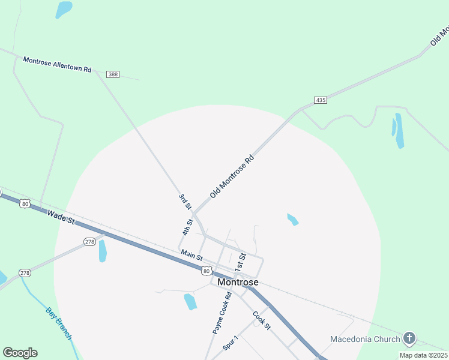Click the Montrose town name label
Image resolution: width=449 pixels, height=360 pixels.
(238, 282)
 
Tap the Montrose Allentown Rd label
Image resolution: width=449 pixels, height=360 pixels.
(57, 64)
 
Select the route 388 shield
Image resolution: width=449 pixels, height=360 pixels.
(113, 74)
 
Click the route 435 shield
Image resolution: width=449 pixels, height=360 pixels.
(321, 100)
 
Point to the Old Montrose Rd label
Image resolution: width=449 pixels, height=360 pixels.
(232, 177)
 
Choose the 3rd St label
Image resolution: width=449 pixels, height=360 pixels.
(184, 201)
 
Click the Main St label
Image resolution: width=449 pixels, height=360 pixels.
(191, 255)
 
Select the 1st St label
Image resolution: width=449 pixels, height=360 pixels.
(241, 261)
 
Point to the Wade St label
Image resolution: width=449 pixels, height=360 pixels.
(60, 217)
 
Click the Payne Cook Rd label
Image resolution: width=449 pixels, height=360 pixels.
(221, 313)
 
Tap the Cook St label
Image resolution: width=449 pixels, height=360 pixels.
(262, 320)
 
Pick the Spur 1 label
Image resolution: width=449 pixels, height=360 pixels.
(231, 343)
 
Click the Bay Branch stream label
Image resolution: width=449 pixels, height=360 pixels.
(59, 323)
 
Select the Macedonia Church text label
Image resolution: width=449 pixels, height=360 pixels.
(365, 339)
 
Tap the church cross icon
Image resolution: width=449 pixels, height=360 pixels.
(409, 338)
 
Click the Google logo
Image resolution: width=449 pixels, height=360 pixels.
(20, 353)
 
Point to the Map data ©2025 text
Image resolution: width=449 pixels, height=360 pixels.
(423, 355)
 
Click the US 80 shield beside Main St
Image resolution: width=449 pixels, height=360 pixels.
(206, 271)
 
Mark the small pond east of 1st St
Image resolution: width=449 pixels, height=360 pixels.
(292, 220)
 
